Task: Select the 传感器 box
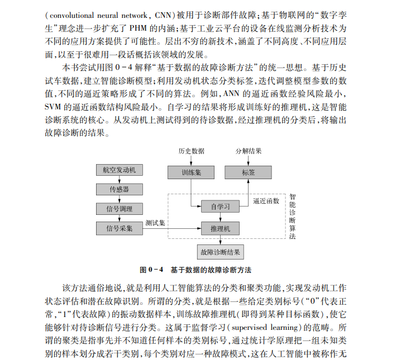tap(119, 190)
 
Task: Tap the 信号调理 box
tap(119, 209)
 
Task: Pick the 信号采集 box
tap(119, 228)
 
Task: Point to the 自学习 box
tap(220, 207)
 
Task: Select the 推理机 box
tap(220, 228)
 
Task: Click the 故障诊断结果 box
tap(220, 252)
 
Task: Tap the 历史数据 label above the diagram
tap(191, 151)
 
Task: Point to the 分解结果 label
tap(248, 151)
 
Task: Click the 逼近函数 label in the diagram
tap(266, 200)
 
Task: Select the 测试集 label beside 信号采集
tap(155, 223)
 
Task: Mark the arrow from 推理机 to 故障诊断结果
tap(220, 240)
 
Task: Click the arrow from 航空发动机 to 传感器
tap(119, 180)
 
